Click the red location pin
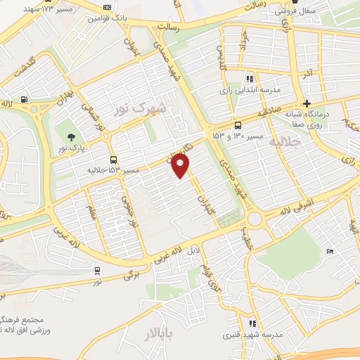(x=181, y=166)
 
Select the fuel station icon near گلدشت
(x=25, y=101)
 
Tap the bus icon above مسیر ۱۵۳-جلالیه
(x=114, y=160)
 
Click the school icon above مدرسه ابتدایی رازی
(x=249, y=79)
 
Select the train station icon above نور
(x=96, y=270)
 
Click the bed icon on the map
(x=330, y=251)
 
